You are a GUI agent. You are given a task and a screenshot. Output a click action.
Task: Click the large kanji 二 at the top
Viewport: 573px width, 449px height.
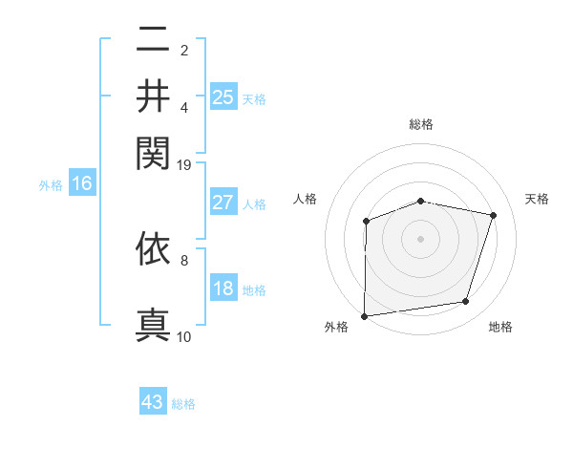tap(153, 41)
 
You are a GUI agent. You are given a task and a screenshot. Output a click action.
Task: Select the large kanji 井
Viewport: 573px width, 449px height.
tap(153, 96)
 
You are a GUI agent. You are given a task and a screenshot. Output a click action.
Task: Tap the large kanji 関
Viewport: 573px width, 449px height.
tap(153, 151)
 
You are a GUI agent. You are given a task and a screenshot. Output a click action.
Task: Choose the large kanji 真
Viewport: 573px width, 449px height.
tap(153, 323)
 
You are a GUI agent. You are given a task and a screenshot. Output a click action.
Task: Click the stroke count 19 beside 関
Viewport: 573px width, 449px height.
tap(184, 165)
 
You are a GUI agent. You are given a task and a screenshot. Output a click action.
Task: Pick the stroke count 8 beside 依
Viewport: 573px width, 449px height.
tap(184, 259)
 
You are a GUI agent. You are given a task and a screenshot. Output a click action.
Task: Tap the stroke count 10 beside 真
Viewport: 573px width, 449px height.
tap(184, 336)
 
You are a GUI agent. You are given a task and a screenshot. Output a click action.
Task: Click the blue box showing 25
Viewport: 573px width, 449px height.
tap(223, 96)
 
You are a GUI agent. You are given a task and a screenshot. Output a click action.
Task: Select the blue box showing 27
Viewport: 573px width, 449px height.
tap(223, 203)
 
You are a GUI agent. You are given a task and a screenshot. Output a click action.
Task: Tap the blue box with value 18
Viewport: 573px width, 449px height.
tap(223, 289)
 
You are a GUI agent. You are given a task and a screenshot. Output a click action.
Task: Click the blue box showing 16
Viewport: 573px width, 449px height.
tap(81, 184)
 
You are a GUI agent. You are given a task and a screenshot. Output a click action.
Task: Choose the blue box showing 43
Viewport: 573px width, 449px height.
tap(153, 402)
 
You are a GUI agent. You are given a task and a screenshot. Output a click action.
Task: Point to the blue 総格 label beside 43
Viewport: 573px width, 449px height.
tap(183, 404)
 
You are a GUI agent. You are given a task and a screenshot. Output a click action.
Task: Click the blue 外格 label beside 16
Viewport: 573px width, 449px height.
tap(50, 185)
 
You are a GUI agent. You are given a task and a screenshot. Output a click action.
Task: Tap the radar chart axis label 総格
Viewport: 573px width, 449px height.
tap(420, 124)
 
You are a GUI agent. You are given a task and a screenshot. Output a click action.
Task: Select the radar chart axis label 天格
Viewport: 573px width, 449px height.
tap(537, 199)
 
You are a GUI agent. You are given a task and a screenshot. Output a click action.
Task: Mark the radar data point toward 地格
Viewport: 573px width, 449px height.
tap(466, 302)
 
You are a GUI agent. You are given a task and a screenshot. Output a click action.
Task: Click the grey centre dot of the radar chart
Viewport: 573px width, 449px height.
tap(420, 238)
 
